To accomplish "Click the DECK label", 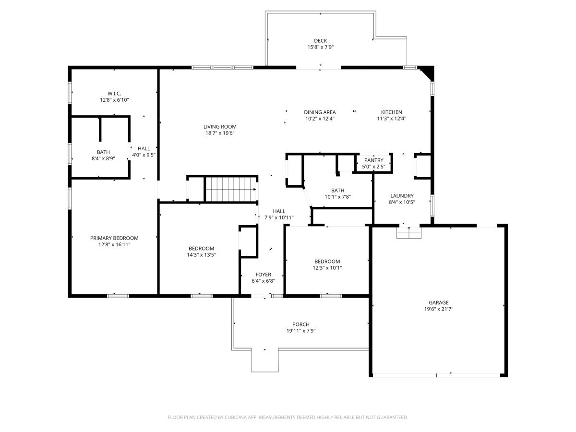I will pos(320,41).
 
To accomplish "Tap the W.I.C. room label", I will pos(114,93).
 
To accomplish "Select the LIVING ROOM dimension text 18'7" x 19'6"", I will pos(220,133).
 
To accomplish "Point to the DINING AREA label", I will pos(320,112).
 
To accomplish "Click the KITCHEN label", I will pos(391,112).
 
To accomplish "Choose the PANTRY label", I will pos(373,160).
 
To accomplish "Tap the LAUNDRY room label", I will pos(402,196).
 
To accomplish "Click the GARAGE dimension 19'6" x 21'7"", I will pos(438,309).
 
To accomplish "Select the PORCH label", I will pos(301,324).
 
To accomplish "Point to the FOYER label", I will pos(263,275).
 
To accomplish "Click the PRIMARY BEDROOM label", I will pos(114,238).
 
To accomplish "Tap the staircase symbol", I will pos(229,189).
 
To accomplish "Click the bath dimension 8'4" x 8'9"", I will pos(103,158).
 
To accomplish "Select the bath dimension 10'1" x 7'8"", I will pos(337,197).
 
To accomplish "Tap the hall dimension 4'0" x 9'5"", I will pos(144,155).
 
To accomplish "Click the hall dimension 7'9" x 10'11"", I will pos(279,217).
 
